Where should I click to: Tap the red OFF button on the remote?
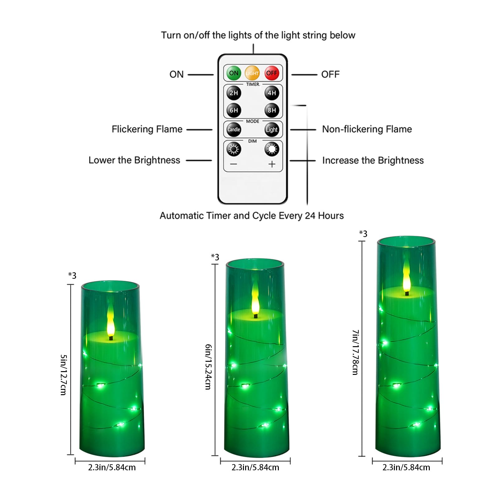pyautogui.click(x=272, y=73)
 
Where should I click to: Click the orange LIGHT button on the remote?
pyautogui.click(x=252, y=73)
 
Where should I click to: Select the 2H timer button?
pyautogui.click(x=234, y=93)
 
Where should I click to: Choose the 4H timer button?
pyautogui.click(x=272, y=93)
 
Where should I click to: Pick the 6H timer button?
pyautogui.click(x=234, y=110)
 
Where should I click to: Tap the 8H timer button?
pyautogui.click(x=272, y=110)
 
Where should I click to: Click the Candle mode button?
pyautogui.click(x=234, y=129)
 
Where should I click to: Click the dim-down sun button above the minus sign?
pyautogui.click(x=234, y=149)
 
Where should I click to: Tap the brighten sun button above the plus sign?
pyautogui.click(x=272, y=149)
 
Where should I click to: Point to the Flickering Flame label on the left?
pyautogui.click(x=147, y=129)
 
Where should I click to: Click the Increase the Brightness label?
pyautogui.click(x=373, y=160)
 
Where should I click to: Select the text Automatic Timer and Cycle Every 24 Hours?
pyautogui.click(x=251, y=216)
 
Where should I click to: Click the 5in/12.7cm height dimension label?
pyautogui.click(x=63, y=375)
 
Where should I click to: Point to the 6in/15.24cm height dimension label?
pyautogui.click(x=208, y=367)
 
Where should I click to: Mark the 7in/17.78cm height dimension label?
pyautogui.click(x=355, y=352)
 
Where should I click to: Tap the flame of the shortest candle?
pyautogui.click(x=111, y=321)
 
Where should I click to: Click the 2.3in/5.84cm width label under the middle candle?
pyautogui.click(x=255, y=468)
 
